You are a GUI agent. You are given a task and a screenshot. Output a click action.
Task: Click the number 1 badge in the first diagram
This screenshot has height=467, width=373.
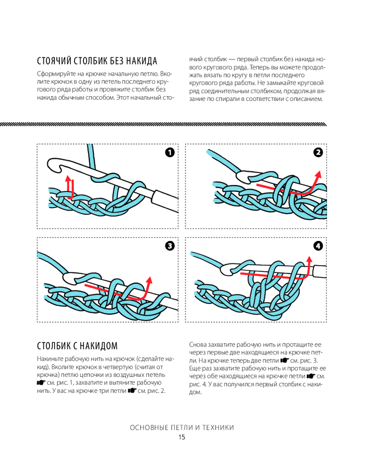coord(169,152)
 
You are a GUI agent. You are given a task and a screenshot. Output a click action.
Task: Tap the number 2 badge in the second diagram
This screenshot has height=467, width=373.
coord(318,152)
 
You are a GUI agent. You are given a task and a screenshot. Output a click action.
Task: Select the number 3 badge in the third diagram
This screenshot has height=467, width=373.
coord(169,245)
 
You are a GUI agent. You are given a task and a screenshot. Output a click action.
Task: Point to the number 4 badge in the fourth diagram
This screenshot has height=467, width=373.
coord(318,245)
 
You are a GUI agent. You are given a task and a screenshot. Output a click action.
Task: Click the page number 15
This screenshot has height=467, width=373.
coord(181,437)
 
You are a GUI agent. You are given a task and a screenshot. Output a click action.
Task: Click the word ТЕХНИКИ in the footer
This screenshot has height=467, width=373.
coord(216,427)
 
